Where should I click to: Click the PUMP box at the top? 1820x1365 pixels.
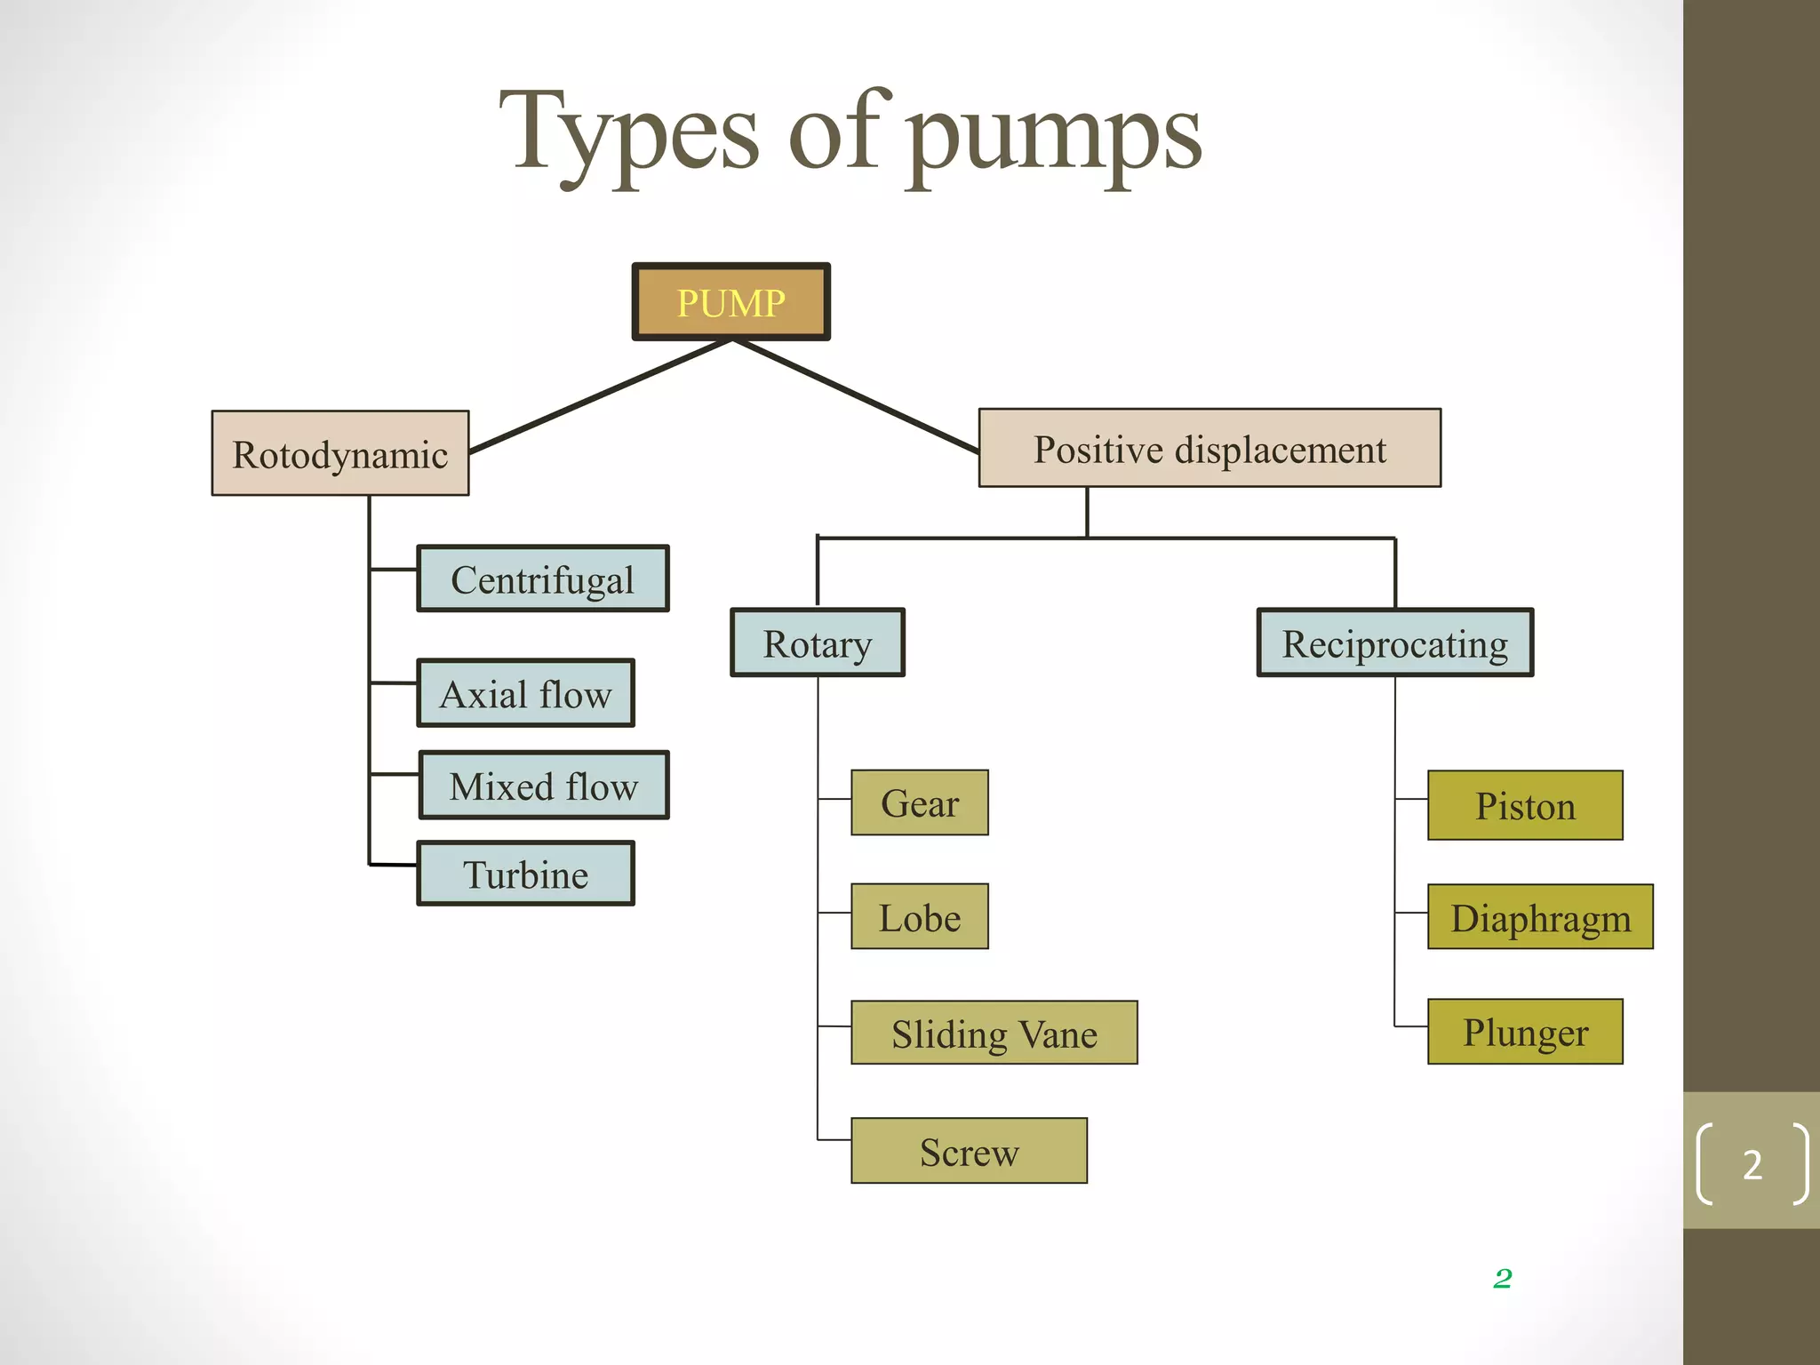pos(730,302)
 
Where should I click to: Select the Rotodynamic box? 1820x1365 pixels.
pos(339,453)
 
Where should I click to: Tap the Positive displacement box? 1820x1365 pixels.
pos(1209,449)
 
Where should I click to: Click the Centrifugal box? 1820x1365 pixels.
pos(542,579)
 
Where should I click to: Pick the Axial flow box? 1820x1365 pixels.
pos(525,693)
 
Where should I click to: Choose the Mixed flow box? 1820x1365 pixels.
pos(543,786)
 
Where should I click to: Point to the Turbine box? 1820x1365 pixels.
pos(525,874)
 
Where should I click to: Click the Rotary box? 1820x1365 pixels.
pos(818,643)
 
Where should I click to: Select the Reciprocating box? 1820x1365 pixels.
pos(1394,643)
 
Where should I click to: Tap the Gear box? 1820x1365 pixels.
pos(919,802)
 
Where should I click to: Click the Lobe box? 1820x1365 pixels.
pos(919,916)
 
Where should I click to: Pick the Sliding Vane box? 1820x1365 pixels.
pos(994,1033)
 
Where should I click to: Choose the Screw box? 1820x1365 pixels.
pos(969,1151)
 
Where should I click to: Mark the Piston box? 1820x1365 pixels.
pos(1525,805)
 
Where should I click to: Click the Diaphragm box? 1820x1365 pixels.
pos(1540,917)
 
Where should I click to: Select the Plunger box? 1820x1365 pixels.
pos(1525,1032)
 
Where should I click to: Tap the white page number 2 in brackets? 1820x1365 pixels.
pos(1752,1164)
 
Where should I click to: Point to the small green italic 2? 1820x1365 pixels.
pos(1503,1278)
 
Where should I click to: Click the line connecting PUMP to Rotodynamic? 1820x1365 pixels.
pos(600,395)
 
